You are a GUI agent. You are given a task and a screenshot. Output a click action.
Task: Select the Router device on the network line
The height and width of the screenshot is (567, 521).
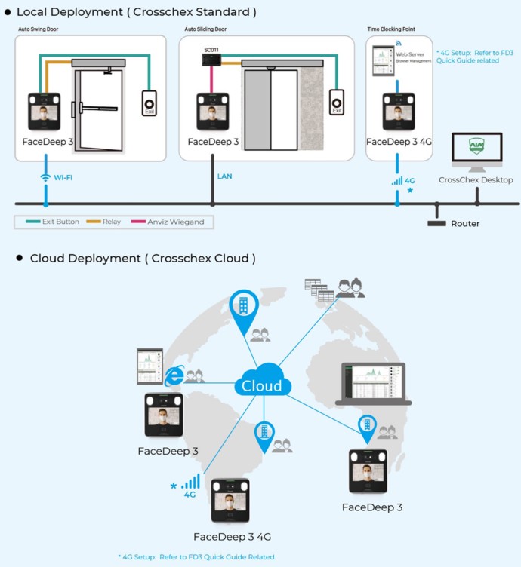436,222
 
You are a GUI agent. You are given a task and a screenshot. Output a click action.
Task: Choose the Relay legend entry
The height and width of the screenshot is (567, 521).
106,222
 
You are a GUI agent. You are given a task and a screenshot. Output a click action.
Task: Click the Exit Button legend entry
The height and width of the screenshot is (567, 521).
54,222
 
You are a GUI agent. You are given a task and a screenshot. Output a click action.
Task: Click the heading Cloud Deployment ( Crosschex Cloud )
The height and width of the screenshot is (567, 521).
143,259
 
